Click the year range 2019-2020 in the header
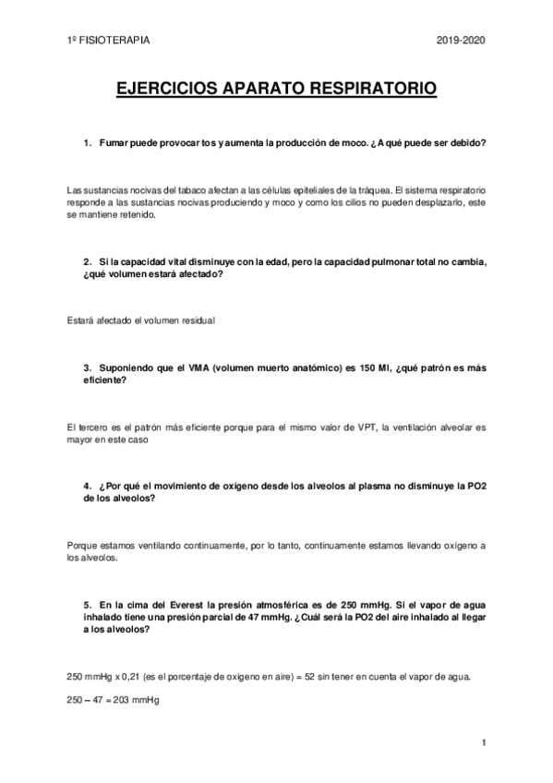[460, 41]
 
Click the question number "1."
[88, 144]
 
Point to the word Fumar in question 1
[114, 144]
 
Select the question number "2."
[88, 261]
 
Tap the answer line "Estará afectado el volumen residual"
[140, 320]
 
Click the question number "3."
[88, 367]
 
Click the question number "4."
[88, 486]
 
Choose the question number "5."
[88, 605]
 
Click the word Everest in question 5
[193, 605]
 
